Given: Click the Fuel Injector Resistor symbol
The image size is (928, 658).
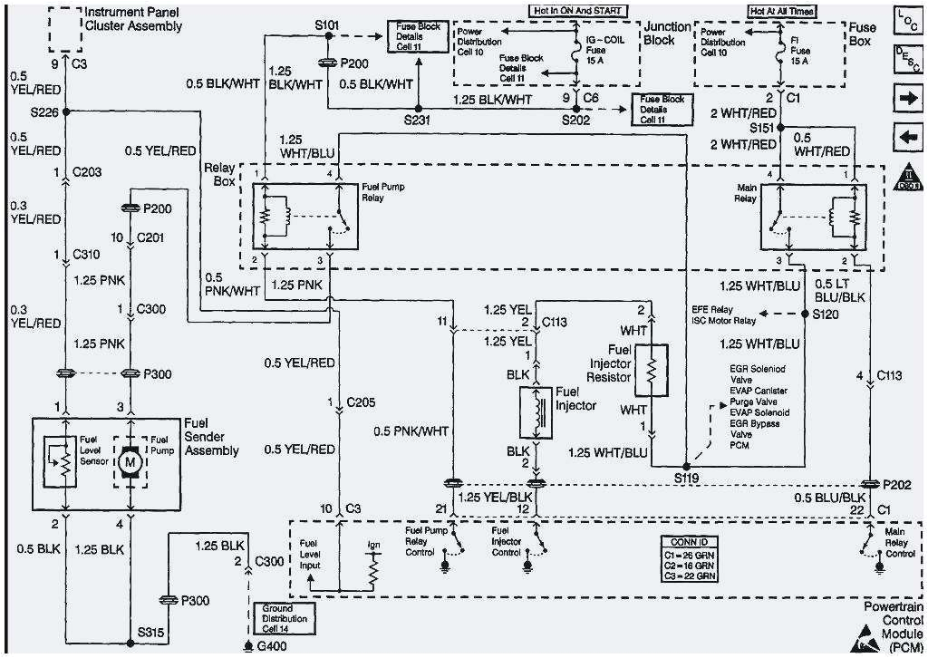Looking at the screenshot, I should coord(651,369).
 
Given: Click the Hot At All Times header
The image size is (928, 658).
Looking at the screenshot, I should coord(781,11).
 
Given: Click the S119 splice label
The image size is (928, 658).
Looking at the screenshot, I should coord(689,477).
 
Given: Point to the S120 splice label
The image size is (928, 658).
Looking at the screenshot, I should coord(826,314).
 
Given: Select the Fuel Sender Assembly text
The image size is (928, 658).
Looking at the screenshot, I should coord(210,437).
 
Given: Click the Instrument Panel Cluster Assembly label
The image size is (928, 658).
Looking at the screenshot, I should coord(132,19).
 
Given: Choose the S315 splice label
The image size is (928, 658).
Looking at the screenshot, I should coord(150,630).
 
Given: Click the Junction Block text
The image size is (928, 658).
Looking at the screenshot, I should coord(666,34).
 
